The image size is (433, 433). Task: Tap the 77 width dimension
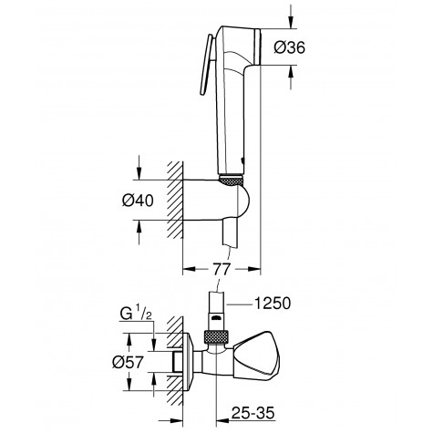coord(221,268)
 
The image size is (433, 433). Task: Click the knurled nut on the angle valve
coord(215,337)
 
